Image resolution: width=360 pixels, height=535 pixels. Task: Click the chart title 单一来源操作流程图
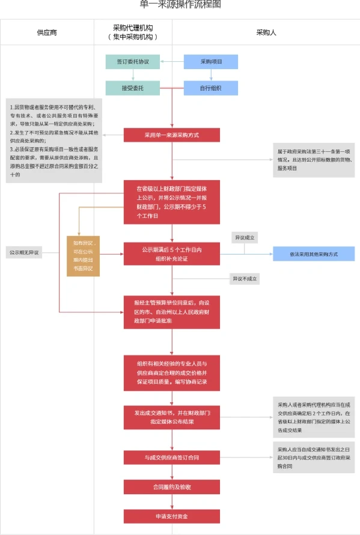pos(180,5)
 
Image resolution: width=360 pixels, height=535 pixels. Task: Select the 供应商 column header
pos(47,32)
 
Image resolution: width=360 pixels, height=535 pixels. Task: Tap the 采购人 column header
pos(266,32)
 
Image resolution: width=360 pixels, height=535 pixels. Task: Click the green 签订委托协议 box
pos(133,61)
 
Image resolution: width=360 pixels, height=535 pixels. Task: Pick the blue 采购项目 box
pos(210,61)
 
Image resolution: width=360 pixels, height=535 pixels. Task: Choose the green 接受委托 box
pos(133,88)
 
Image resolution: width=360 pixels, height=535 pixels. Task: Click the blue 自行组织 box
pos(210,88)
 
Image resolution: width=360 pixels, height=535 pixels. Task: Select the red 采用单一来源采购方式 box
pos(171,136)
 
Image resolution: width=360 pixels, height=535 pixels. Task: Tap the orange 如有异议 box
pos(84,256)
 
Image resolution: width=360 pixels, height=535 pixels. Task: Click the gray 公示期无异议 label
pos(24,252)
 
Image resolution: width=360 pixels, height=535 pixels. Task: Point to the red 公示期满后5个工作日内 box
pos(171,253)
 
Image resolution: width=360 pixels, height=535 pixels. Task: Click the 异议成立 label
pos(244,238)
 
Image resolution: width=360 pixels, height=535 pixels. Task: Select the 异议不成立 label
pos(244,279)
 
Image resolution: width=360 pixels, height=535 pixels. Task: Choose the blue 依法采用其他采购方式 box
pos(313,254)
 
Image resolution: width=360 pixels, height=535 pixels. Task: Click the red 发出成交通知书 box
pos(171,417)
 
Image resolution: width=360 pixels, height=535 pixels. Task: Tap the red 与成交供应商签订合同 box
pos(171,458)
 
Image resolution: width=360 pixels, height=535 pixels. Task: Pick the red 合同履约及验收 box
pos(171,486)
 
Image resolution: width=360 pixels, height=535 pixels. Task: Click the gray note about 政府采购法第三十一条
pos(313,160)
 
